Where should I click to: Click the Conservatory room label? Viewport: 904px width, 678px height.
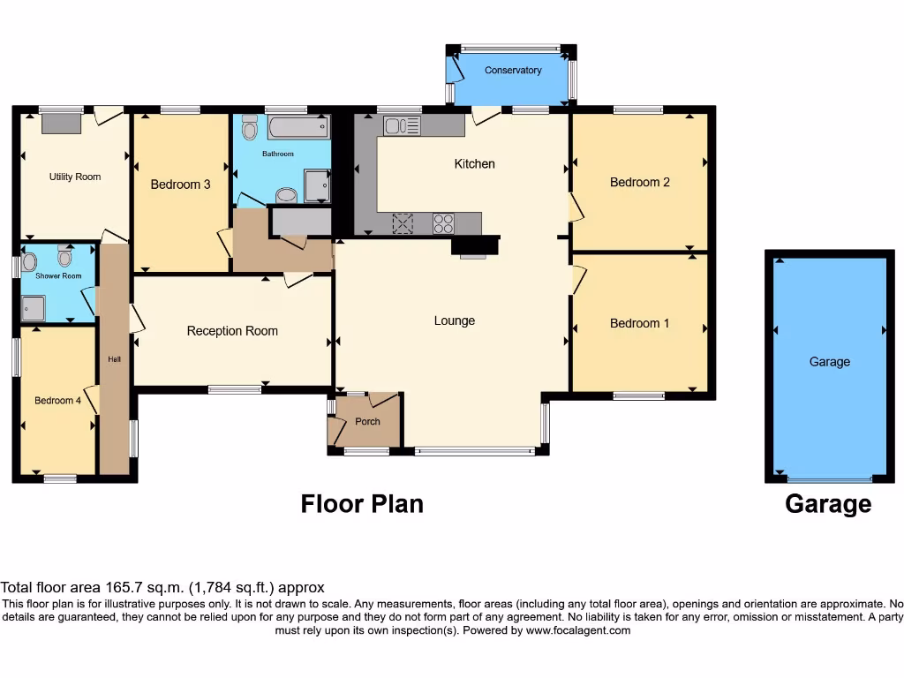coord(513,71)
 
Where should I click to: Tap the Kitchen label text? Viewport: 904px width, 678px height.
coord(474,163)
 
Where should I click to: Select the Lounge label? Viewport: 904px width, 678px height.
coord(455,320)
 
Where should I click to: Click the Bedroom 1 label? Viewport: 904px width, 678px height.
coord(639,323)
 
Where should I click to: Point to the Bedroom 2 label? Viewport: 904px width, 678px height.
coord(639,182)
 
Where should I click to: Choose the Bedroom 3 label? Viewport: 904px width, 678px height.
coord(180,185)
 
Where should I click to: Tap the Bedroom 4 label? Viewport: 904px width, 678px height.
coord(57,400)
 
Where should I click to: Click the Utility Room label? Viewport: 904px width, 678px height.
coord(74,177)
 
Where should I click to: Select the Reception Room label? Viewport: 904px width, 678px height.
coord(232,331)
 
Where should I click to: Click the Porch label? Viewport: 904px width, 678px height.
coord(367,421)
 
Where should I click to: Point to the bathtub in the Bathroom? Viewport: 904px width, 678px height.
coord(298,128)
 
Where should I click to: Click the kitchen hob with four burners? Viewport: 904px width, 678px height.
coord(443,223)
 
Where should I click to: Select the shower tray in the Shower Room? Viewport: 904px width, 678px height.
coord(34,308)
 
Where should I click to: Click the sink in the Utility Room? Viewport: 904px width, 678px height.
coord(60,123)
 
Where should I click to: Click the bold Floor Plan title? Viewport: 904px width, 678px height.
coord(362,503)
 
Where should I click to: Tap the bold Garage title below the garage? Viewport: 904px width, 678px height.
coord(827,504)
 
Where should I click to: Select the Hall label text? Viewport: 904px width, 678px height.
coord(115,359)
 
